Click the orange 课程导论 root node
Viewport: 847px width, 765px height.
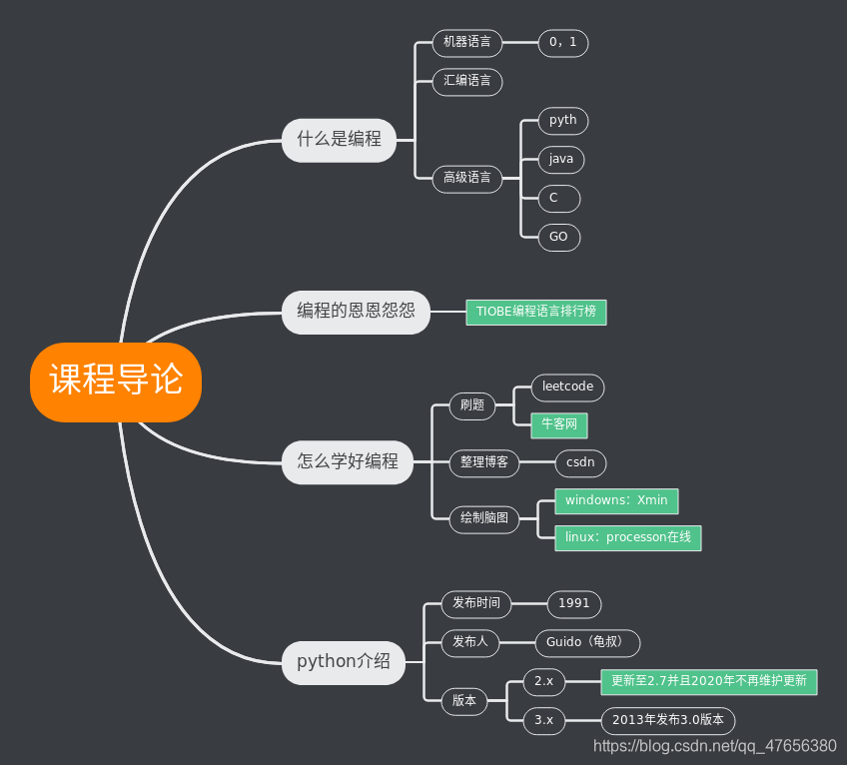(116, 382)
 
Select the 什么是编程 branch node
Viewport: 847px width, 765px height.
(339, 140)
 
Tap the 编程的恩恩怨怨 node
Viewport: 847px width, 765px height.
(356, 312)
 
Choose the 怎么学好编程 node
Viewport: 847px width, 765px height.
(347, 461)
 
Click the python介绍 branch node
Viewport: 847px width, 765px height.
(343, 662)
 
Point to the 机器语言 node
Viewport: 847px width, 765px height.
(466, 43)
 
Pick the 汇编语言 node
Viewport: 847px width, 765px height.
(466, 81)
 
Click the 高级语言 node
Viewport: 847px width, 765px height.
(466, 179)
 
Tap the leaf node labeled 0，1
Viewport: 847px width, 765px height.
(563, 43)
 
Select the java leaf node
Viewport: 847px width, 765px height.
(560, 159)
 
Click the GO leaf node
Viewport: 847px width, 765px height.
(558, 238)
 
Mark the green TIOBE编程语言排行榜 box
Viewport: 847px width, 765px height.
(535, 312)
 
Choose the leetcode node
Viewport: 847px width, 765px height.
(567, 386)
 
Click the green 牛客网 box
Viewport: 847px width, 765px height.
(558, 424)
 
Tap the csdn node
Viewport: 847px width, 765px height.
(580, 462)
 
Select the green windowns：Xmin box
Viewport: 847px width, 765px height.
(616, 500)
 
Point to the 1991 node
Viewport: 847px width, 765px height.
(573, 603)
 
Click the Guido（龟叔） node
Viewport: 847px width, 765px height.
(587, 642)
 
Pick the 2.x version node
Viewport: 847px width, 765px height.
(543, 682)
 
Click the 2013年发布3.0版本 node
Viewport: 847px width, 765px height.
(667, 720)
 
